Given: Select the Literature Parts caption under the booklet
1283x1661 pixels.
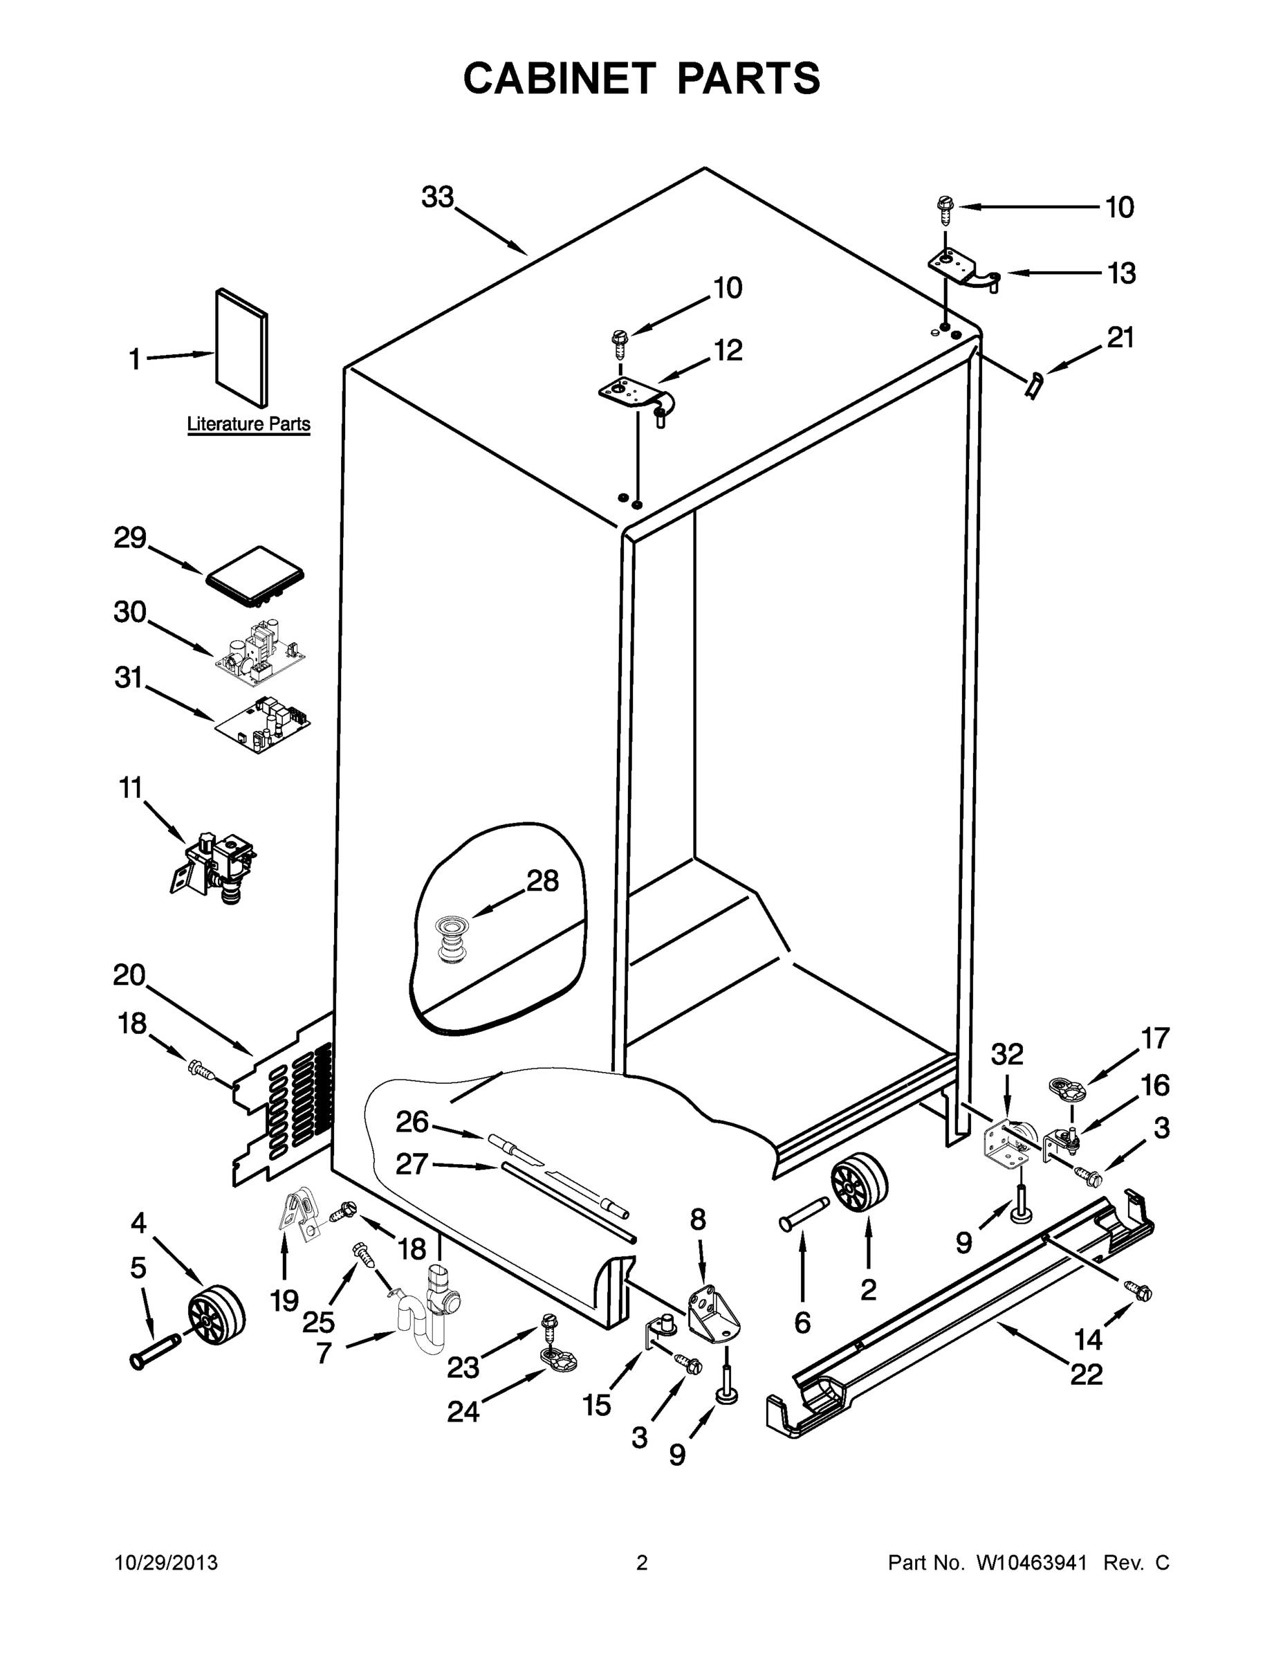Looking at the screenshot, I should point(248,424).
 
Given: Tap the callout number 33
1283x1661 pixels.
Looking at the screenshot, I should point(438,197).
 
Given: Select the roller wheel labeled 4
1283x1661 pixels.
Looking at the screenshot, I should point(216,1316).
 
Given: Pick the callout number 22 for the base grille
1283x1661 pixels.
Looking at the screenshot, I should point(1086,1374).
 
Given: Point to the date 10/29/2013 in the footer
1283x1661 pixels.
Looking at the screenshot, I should point(167,1562).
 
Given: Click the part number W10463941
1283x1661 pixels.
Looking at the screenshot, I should point(1029,1562).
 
